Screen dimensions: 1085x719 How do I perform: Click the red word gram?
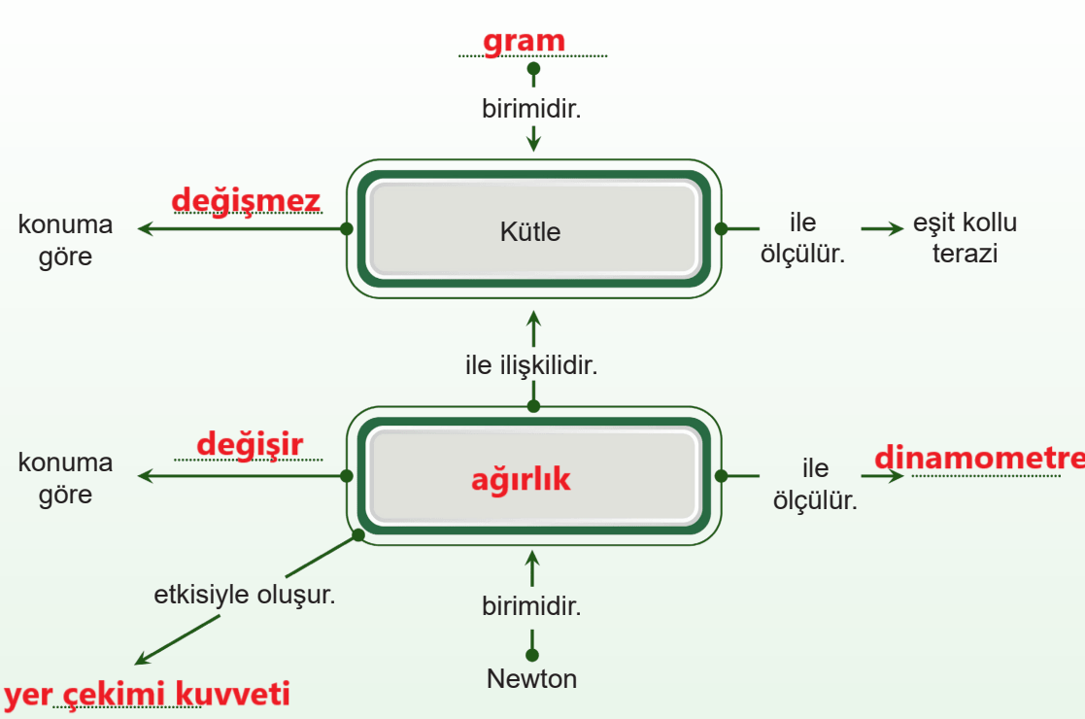pyautogui.click(x=524, y=42)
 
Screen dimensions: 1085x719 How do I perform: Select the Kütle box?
pyautogui.click(x=533, y=229)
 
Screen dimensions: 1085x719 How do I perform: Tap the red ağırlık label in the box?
pyautogui.click(x=521, y=479)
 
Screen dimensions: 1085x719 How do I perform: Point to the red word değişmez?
pyautogui.click(x=247, y=201)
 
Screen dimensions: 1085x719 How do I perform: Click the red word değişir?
pyautogui.click(x=250, y=445)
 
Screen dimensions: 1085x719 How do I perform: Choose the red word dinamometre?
pyautogui.click(x=979, y=458)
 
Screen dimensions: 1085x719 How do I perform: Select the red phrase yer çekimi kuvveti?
pyautogui.click(x=147, y=694)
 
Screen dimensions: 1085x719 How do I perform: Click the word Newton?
pyautogui.click(x=531, y=679)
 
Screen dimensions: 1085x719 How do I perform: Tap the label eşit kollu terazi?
pyautogui.click(x=965, y=237)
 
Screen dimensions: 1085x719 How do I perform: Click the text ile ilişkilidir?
pyautogui.click(x=531, y=364)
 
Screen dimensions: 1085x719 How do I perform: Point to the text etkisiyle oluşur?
pyautogui.click(x=244, y=595)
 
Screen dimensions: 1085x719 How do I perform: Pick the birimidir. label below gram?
pyautogui.click(x=531, y=109)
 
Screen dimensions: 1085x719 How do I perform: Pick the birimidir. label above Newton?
pyautogui.click(x=531, y=606)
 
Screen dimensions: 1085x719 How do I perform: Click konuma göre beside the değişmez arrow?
pyautogui.click(x=65, y=240)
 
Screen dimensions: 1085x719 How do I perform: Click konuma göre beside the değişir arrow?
pyautogui.click(x=65, y=477)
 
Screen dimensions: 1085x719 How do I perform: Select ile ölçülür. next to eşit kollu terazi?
pyautogui.click(x=802, y=237)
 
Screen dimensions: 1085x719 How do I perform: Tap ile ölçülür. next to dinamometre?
pyautogui.click(x=815, y=484)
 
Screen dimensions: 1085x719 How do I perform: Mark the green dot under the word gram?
pyautogui.click(x=533, y=69)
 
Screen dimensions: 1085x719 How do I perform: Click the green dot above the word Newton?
pyautogui.click(x=532, y=655)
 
